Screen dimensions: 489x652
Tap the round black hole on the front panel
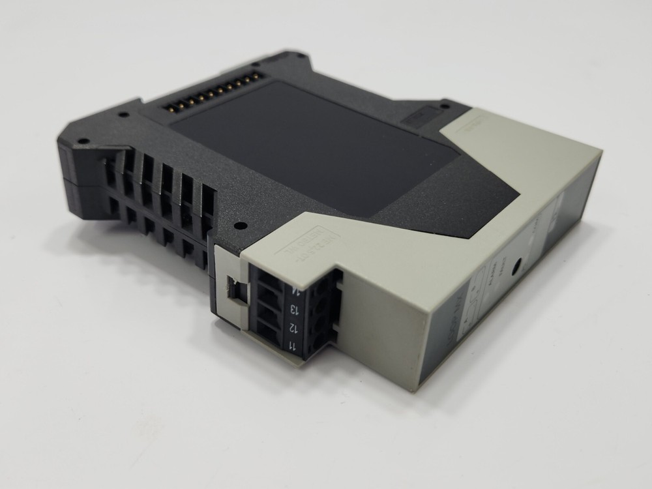click(x=516, y=268)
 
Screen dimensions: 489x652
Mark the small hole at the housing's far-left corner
click(x=83, y=140)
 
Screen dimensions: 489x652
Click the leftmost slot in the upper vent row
click(x=111, y=160)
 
